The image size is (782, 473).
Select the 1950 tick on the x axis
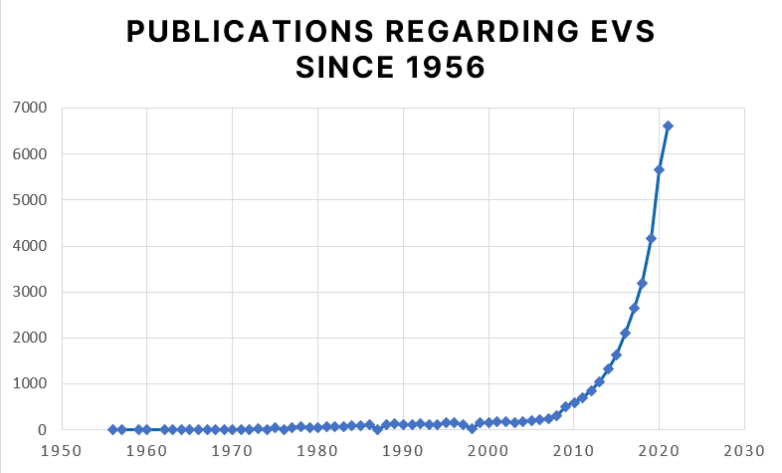[62, 450]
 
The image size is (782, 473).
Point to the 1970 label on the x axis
[232, 450]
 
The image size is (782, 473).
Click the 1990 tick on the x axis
[403, 450]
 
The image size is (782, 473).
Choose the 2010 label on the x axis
[574, 450]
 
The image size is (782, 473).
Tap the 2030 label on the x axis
[744, 450]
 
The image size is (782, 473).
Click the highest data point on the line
[668, 125]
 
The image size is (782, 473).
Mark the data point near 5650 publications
[659, 169]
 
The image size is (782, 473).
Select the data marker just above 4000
[651, 238]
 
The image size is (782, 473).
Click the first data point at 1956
[112, 429]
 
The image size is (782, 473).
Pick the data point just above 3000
[642, 284]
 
